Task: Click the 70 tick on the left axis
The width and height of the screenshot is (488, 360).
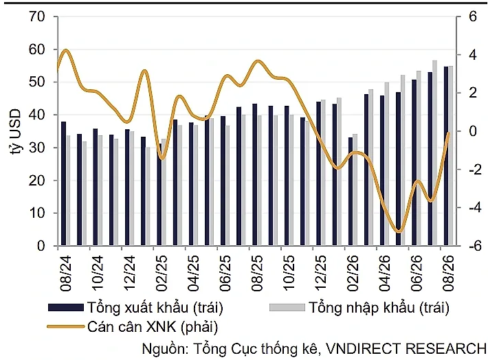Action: click(x=36, y=16)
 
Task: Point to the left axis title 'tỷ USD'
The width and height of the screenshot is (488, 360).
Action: click(x=15, y=132)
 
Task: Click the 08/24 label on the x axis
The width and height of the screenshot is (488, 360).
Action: click(x=66, y=273)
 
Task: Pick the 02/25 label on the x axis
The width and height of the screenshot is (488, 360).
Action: click(x=162, y=273)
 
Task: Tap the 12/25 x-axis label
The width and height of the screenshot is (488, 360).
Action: click(x=321, y=273)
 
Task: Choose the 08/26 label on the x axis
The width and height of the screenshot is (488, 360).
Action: click(x=449, y=273)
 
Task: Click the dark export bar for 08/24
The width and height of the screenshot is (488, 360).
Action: click(x=63, y=183)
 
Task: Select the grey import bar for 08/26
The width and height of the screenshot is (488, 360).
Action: click(x=451, y=156)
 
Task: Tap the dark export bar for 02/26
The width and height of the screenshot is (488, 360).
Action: click(x=351, y=192)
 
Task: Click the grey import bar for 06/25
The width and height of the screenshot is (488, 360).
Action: click(x=228, y=185)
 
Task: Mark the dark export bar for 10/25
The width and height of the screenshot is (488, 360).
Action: click(x=287, y=176)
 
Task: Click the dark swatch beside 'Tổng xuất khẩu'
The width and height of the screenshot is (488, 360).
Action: click(x=66, y=308)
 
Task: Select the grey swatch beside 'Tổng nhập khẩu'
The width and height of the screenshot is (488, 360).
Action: click(x=287, y=308)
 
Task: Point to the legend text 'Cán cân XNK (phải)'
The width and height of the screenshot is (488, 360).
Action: click(x=153, y=327)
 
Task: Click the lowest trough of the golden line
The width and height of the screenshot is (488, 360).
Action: click(x=399, y=232)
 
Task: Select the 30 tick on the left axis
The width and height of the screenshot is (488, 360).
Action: click(x=36, y=148)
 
